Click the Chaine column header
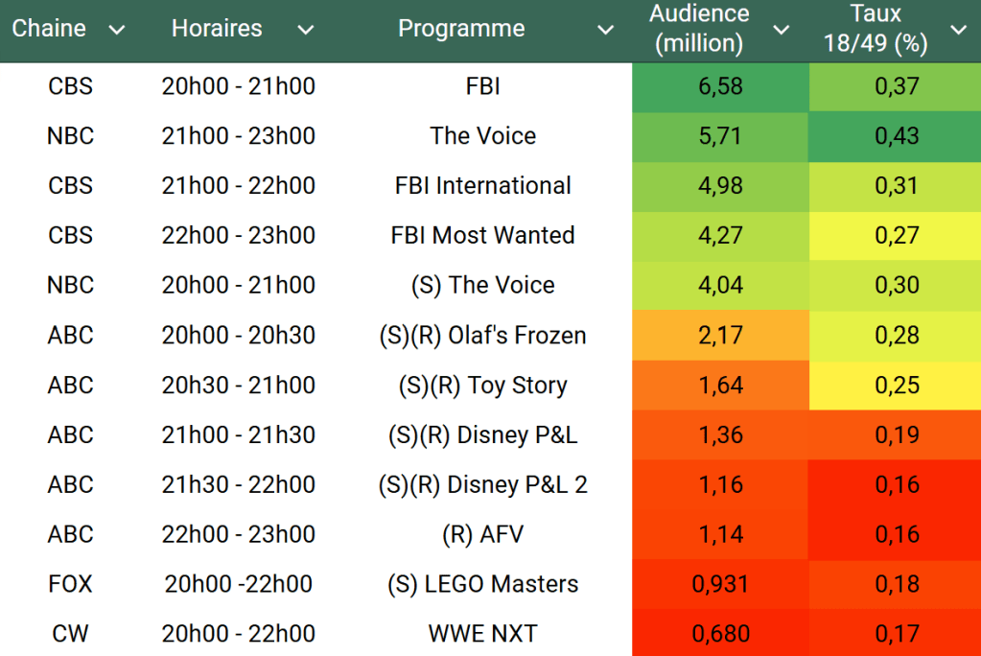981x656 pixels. [x=49, y=29]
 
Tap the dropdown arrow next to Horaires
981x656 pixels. [x=305, y=30]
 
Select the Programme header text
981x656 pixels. [x=461, y=29]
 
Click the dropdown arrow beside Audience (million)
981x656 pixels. [x=782, y=30]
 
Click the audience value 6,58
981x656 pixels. [x=721, y=86]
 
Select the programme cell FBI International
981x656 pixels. [x=482, y=186]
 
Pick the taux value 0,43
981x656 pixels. [x=897, y=136]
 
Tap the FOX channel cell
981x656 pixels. [x=71, y=584]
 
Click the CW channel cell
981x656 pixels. [x=71, y=634]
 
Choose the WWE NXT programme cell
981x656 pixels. [x=482, y=634]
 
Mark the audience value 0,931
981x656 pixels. [x=720, y=584]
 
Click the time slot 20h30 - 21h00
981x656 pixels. [x=238, y=386]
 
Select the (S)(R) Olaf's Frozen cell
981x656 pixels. [x=482, y=336]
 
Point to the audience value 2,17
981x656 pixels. [x=721, y=336]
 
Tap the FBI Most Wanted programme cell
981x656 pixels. [x=482, y=236]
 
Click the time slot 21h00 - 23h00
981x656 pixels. [x=238, y=136]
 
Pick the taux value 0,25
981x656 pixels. [x=897, y=386]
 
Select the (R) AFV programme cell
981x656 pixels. [x=482, y=534]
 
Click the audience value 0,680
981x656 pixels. [x=720, y=634]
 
